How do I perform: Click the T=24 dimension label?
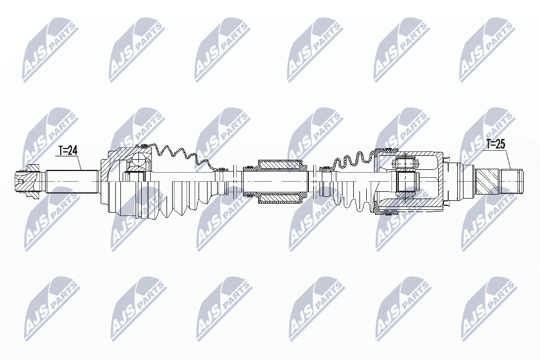67,151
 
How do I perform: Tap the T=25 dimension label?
496,145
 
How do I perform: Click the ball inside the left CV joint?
137,163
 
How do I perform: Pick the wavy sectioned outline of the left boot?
180,155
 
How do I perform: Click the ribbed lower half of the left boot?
180,200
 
